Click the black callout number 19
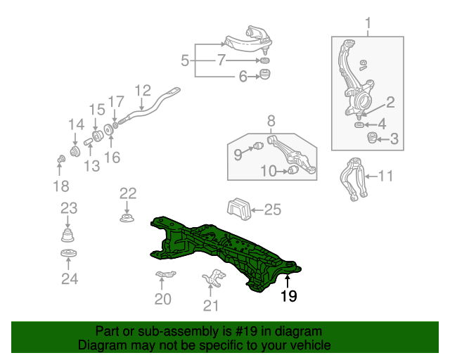tap(289, 296)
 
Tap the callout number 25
tap(272, 210)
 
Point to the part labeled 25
tap(239, 209)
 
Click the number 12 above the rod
tap(143, 91)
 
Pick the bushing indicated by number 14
tap(75, 151)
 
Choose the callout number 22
tap(128, 194)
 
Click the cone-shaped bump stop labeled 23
tap(67, 235)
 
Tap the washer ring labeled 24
tap(69, 254)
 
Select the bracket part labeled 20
tap(166, 274)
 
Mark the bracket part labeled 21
tap(214, 277)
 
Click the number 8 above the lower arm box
tap(271, 121)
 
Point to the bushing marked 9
tap(258, 146)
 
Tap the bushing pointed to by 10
tap(293, 169)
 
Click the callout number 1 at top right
tap(368, 23)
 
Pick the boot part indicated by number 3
tap(372, 138)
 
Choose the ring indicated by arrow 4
tap(359, 125)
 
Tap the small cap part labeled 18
tap(61, 159)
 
